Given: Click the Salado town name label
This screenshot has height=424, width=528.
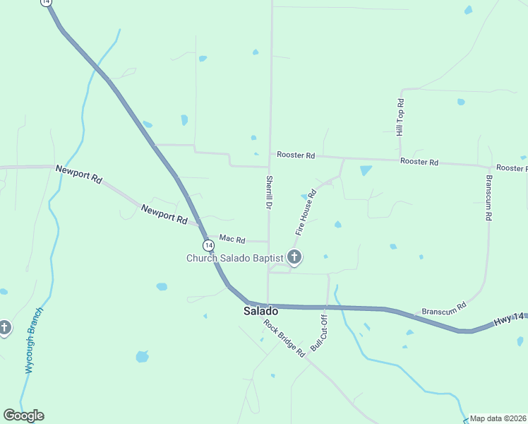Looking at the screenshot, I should (260, 311).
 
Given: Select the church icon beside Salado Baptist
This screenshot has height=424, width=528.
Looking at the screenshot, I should (294, 258).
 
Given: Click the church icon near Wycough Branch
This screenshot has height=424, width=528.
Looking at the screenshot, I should (5, 328).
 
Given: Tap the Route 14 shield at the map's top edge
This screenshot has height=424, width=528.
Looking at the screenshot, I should (47, 3).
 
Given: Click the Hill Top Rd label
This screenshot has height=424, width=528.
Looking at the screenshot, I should (400, 117).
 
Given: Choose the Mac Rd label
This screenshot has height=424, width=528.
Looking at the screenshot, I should (232, 239).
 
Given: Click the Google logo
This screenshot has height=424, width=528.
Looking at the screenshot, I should (23, 416).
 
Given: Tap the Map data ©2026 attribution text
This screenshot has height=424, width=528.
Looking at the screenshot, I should (498, 418).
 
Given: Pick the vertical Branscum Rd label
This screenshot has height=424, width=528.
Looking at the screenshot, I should (487, 198).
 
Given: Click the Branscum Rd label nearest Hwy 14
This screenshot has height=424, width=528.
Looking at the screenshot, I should (444, 308).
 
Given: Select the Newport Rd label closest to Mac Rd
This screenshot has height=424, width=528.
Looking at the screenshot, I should (163, 214).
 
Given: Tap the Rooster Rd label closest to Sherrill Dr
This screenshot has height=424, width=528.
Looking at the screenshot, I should (296, 155).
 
